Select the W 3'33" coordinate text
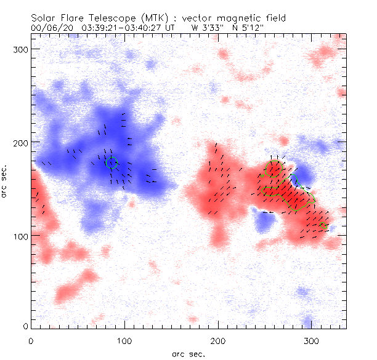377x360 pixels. tap(208, 28)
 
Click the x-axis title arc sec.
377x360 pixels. tap(188, 353)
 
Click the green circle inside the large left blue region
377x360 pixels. tap(111, 162)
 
